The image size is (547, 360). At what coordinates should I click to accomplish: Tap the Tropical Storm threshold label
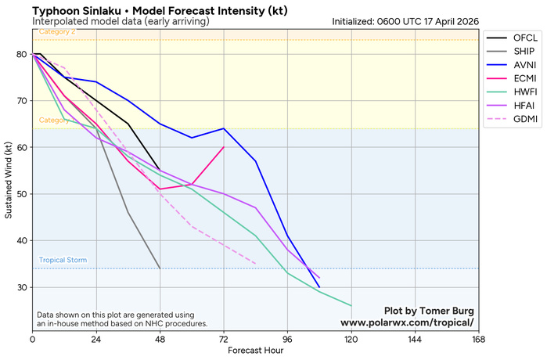point(63,261)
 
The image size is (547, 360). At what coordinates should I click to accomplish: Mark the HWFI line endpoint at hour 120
point(351,306)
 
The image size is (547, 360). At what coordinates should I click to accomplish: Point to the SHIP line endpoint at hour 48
point(160,268)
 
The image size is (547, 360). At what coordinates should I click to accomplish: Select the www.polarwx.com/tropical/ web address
point(407,322)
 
